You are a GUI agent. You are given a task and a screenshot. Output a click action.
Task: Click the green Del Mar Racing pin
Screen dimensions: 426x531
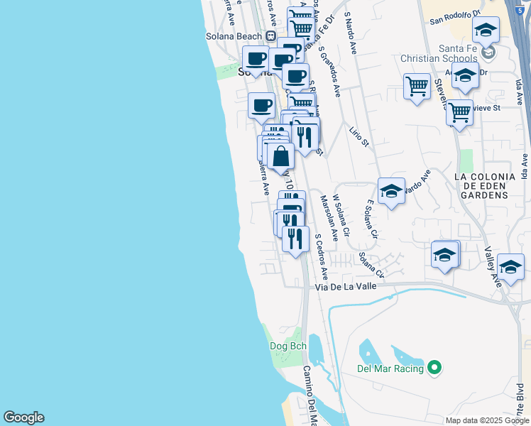tap(436, 368)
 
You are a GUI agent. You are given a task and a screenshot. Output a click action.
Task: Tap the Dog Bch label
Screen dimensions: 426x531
tap(287, 346)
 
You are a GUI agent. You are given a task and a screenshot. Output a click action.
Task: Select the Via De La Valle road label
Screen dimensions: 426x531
tap(349, 287)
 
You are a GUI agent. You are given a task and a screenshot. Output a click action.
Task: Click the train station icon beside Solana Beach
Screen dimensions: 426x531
tap(270, 36)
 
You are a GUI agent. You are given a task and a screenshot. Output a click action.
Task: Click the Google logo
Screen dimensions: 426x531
tap(23, 417)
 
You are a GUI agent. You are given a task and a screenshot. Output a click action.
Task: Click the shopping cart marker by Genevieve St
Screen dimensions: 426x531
tap(459, 111)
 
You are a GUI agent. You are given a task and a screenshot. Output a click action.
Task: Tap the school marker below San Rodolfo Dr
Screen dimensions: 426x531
tap(486, 30)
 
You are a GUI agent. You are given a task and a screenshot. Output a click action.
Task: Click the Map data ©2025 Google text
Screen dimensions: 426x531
tap(487, 420)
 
